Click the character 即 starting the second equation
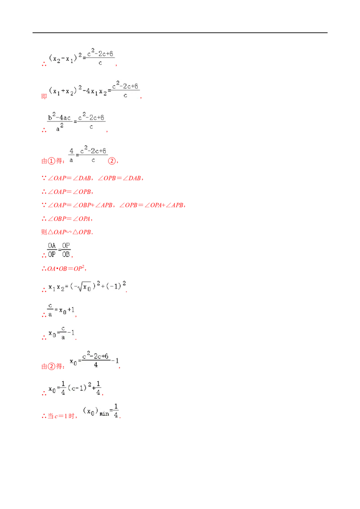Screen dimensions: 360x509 [44, 96]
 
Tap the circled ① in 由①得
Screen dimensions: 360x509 [51, 161]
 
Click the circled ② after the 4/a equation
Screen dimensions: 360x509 [112, 161]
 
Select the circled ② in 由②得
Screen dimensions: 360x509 [51, 366]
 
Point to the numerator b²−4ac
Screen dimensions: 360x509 [59, 117]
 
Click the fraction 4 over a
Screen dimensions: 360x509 [72, 156]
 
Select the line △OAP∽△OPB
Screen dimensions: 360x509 [67, 232]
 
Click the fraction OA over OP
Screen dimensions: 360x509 [52, 250]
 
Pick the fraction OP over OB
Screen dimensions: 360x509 [66, 250]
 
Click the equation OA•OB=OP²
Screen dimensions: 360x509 [64, 268]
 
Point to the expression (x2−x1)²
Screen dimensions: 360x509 [65, 58]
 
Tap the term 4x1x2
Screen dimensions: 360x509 [96, 91]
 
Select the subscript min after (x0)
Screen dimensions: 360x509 [104, 414]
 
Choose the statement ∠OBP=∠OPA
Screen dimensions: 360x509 [67, 219]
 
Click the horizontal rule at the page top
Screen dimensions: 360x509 [180, 33]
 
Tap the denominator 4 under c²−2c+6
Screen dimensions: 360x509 [96, 365]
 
